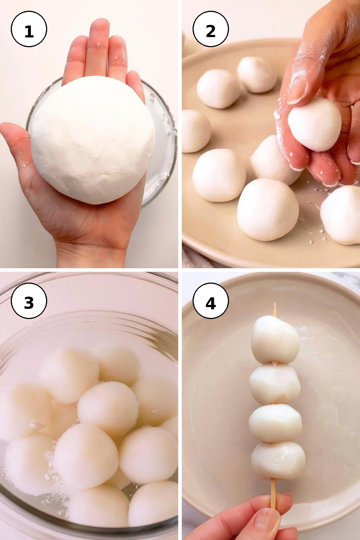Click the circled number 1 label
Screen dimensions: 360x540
(29, 29)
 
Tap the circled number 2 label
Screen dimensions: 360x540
(211, 29)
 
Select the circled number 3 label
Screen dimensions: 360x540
(29, 301)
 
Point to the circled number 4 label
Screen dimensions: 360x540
(211, 301)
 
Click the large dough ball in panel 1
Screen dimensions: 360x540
(93, 140)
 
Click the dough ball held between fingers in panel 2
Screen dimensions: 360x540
(315, 124)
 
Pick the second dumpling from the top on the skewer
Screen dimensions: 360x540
(275, 384)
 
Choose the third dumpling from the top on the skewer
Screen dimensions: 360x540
(275, 424)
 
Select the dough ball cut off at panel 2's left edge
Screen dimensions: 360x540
(195, 131)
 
